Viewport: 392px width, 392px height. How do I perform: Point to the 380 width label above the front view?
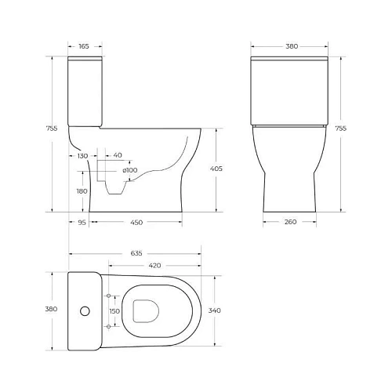click(x=291, y=46)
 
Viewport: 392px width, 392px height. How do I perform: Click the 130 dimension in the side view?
click(x=82, y=156)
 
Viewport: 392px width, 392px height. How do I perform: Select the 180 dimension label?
click(x=82, y=191)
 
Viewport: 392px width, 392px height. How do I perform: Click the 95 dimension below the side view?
click(x=82, y=223)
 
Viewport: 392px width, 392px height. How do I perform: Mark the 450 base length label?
click(x=136, y=223)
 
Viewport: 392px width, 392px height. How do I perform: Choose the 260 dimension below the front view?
click(x=291, y=223)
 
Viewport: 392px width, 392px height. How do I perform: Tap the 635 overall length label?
click(x=136, y=253)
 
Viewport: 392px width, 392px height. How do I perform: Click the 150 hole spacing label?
click(x=114, y=310)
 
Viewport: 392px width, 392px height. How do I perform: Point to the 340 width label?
click(x=216, y=310)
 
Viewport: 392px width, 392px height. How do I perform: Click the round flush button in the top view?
click(x=82, y=310)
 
